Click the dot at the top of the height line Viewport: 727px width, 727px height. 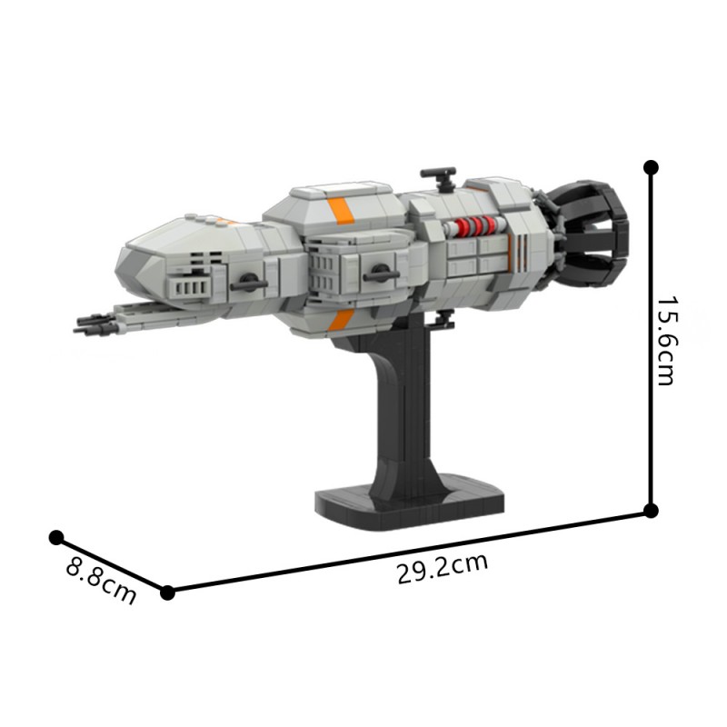(651, 167)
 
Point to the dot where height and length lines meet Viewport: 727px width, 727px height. (651, 511)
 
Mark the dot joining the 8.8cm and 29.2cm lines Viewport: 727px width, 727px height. (167, 593)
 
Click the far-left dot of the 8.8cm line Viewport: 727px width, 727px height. (56, 538)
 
